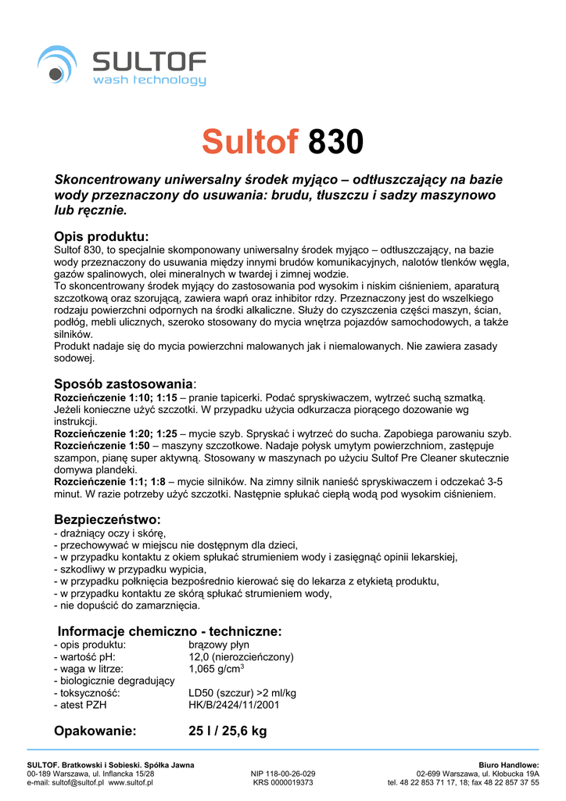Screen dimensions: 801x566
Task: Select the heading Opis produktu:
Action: (x=101, y=236)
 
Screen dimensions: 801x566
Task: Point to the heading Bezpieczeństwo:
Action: (x=107, y=519)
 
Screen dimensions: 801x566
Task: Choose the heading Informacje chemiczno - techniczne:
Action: (x=170, y=631)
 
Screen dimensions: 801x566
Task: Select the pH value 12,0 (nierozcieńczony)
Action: (x=241, y=657)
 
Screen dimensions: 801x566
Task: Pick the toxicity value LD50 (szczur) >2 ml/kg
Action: (x=242, y=693)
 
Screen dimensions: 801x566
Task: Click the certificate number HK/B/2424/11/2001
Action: (x=234, y=705)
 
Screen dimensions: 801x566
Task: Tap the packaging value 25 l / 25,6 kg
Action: (x=227, y=731)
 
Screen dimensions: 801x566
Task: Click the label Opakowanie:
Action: (x=95, y=731)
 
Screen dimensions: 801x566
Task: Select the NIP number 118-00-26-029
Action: (x=283, y=773)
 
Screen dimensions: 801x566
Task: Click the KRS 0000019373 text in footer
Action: (x=283, y=782)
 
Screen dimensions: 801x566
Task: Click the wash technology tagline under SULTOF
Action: (x=149, y=80)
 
